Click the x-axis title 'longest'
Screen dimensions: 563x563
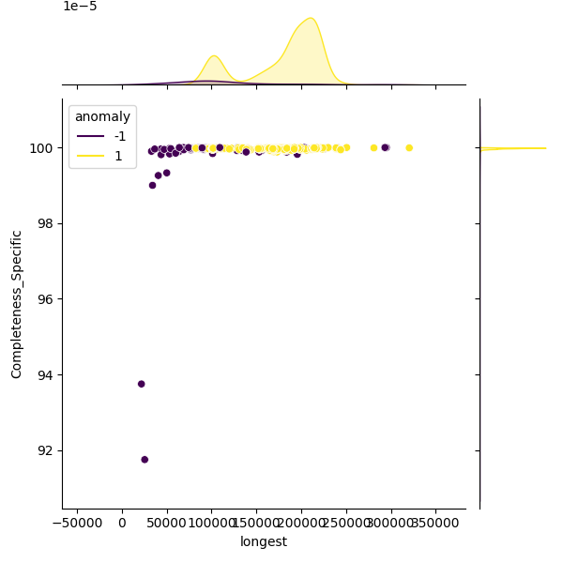(264, 541)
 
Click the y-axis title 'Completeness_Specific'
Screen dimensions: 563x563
(17, 304)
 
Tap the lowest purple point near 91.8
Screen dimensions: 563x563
(145, 460)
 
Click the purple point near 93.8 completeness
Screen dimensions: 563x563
(142, 384)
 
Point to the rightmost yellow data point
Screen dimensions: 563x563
(409, 148)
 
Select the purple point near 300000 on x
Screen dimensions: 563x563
(385, 147)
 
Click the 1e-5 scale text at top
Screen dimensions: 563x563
(80, 7)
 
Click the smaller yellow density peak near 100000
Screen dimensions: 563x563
(214, 56)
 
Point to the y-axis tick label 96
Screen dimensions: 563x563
(45, 299)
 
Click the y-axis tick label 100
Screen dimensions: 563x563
(41, 148)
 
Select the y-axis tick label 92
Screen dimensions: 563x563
(45, 450)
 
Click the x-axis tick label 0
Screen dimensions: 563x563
(122, 523)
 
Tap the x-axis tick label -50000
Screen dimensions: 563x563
(77, 523)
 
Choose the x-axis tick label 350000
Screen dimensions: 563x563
(435, 523)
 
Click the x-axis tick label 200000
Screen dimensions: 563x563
(301, 523)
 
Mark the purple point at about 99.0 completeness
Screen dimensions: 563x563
(152, 185)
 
